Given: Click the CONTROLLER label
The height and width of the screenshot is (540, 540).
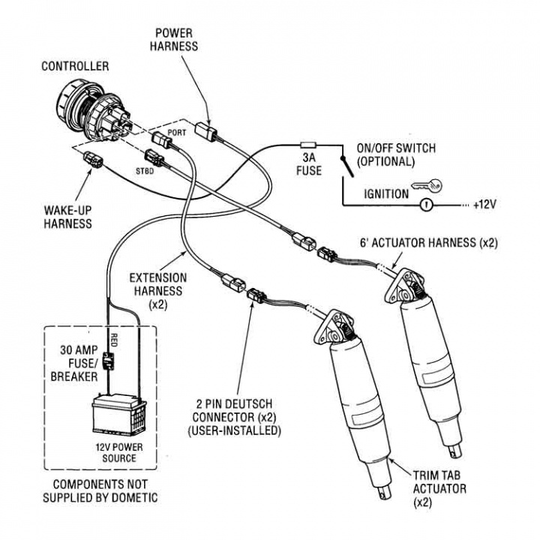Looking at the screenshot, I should [75, 66].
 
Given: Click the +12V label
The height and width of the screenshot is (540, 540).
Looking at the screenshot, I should [487, 204].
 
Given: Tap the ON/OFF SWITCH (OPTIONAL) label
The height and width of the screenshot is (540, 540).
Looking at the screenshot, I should [396, 154].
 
